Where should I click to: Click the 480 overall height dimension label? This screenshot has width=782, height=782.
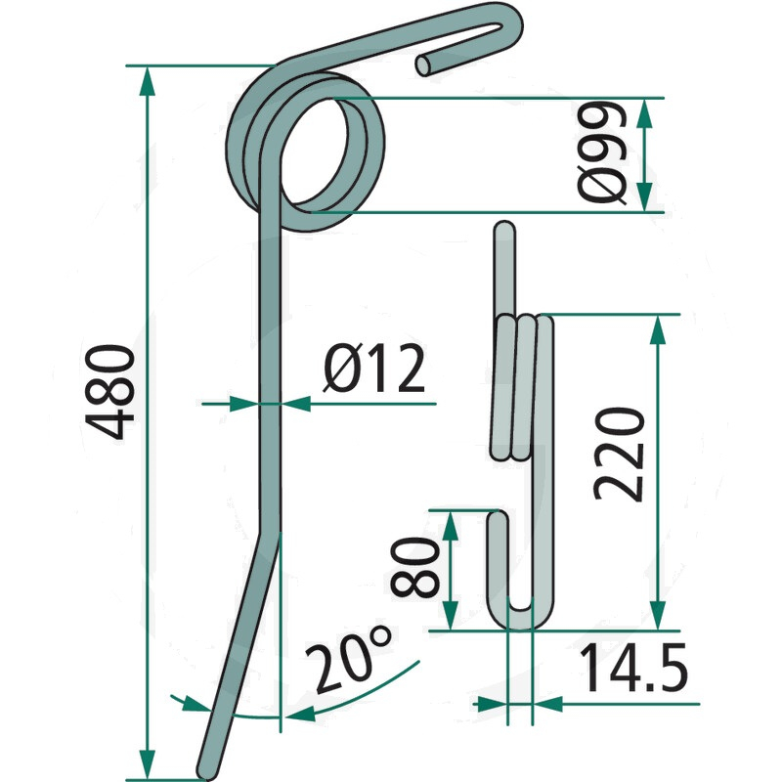click(109, 392)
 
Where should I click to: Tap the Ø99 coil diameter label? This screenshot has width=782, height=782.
click(602, 152)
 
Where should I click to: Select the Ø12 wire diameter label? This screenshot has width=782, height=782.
click(374, 368)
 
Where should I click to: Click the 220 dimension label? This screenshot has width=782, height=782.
click(619, 454)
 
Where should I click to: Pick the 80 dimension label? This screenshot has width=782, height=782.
click(414, 567)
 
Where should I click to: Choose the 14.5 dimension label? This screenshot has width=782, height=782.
click(633, 668)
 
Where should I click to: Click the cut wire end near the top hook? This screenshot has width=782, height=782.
click(424, 65)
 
